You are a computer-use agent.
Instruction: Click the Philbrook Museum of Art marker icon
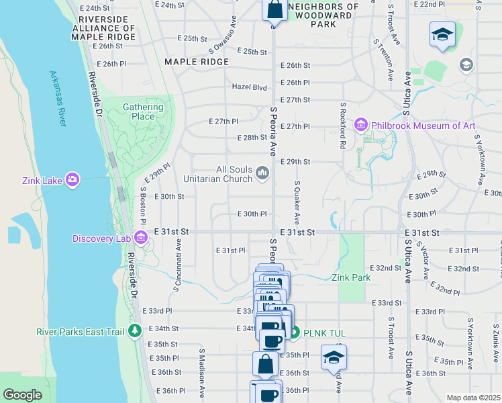361,125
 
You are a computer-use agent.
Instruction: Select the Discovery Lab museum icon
141,236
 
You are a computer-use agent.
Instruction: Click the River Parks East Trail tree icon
135,330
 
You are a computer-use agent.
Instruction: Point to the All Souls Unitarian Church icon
262,174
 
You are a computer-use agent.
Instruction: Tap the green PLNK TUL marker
294,332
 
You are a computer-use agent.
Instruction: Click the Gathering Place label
143,111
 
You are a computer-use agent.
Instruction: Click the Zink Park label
350,277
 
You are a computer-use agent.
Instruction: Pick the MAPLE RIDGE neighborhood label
197,62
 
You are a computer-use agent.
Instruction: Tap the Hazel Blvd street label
250,87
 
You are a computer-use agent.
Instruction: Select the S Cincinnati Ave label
178,264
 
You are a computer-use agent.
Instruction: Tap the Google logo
23,395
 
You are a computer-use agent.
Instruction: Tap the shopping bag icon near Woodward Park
274,11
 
